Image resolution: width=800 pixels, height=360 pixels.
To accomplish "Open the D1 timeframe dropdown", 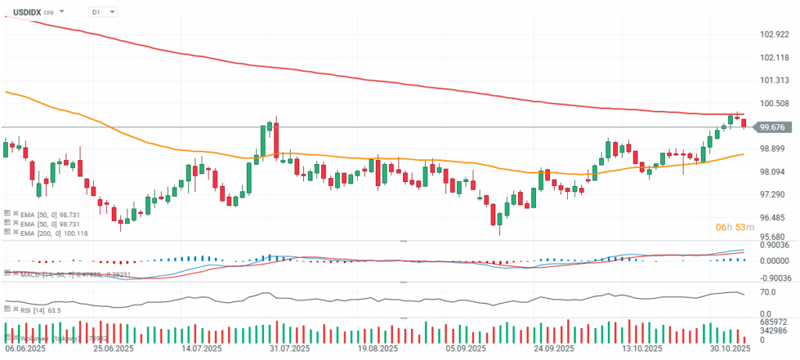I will coord(102,12).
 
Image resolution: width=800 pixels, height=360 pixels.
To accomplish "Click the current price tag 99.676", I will coord(772,127).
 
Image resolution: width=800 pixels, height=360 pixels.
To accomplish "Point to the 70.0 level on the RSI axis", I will coord(767,291).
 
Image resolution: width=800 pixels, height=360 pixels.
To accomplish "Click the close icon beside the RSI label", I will coord(14,310).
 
